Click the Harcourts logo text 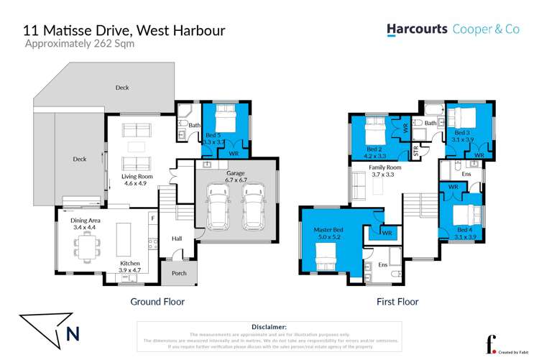tap(417, 29)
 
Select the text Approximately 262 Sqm tap(79, 44)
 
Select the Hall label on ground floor tap(177, 239)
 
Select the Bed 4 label tap(465, 230)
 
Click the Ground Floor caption tap(157, 302)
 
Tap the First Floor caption tap(397, 302)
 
